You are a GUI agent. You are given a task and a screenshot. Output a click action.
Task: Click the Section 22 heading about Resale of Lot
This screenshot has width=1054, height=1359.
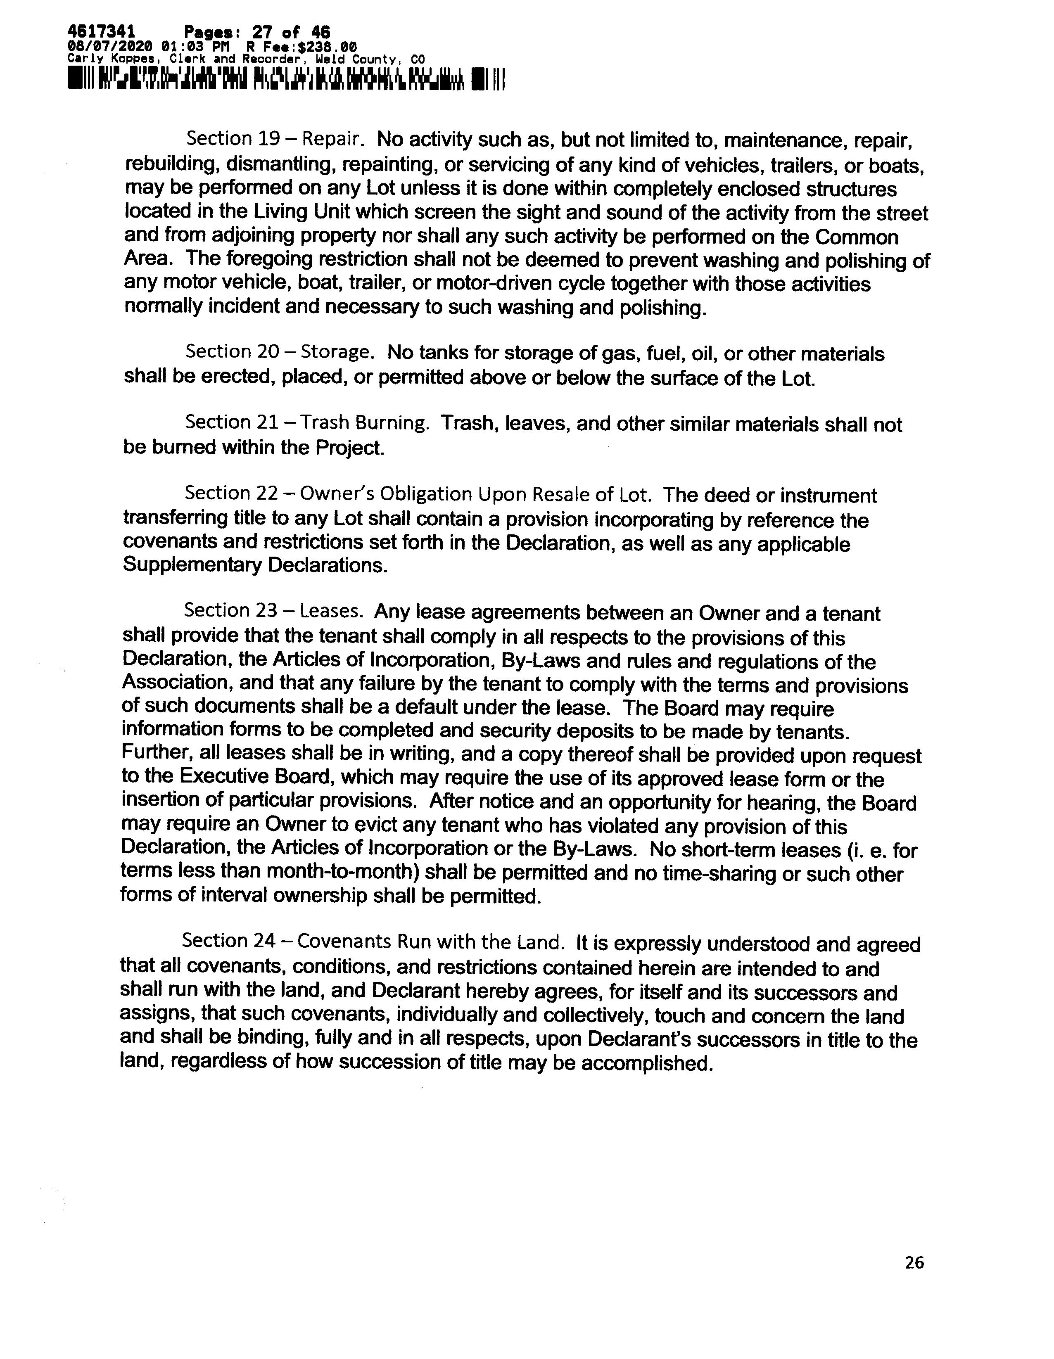418,494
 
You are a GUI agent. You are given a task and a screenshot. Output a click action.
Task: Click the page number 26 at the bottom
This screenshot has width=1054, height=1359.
914,1262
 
